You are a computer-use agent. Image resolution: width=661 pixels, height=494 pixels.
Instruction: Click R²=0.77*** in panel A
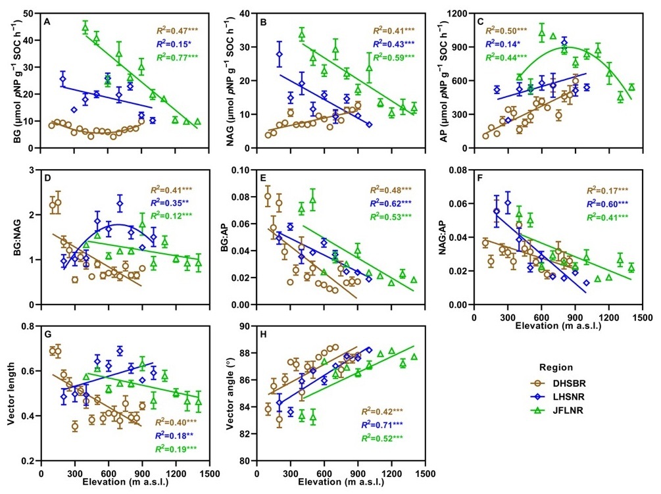pyautogui.click(x=177, y=57)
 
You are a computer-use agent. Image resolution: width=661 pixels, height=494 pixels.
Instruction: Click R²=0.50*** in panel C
pyautogui.click(x=502, y=30)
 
